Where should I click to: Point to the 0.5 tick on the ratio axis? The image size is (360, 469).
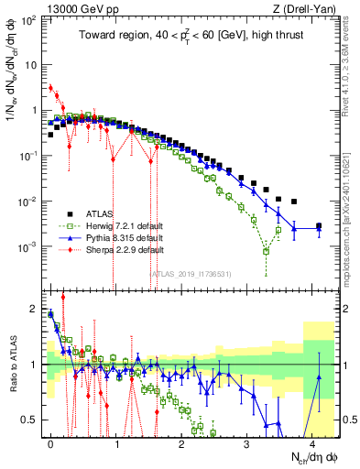(30, 420)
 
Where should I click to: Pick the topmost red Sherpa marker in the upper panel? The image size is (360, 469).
(50, 88)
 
